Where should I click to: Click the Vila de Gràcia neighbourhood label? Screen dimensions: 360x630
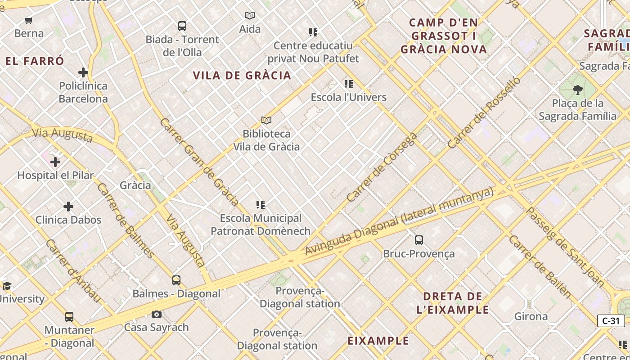pos(242,76)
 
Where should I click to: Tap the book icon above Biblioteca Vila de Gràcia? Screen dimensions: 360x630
pos(266,121)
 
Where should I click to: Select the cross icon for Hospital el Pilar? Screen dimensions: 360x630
pos(55,162)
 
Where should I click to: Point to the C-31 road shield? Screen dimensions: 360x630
pos(611,321)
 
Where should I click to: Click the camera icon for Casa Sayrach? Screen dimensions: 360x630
pos(157,314)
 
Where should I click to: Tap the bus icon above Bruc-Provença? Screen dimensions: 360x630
pos(419,240)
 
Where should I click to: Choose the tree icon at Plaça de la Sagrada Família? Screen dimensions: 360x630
pos(578,90)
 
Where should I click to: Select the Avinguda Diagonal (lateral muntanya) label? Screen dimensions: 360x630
pos(399,222)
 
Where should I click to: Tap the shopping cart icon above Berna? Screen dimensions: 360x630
pos(29,20)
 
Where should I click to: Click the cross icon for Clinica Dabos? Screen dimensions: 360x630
pos(68,207)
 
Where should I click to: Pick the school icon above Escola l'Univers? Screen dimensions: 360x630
pos(349,84)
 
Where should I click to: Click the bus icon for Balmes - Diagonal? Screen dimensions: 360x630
pos(176,280)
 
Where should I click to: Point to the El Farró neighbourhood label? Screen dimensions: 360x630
pos(35,61)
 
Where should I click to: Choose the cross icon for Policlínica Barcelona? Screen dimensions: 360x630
pos(83,72)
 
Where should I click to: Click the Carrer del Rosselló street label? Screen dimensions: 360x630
pos(484,113)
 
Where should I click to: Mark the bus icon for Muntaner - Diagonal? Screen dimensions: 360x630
pos(69,317)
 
